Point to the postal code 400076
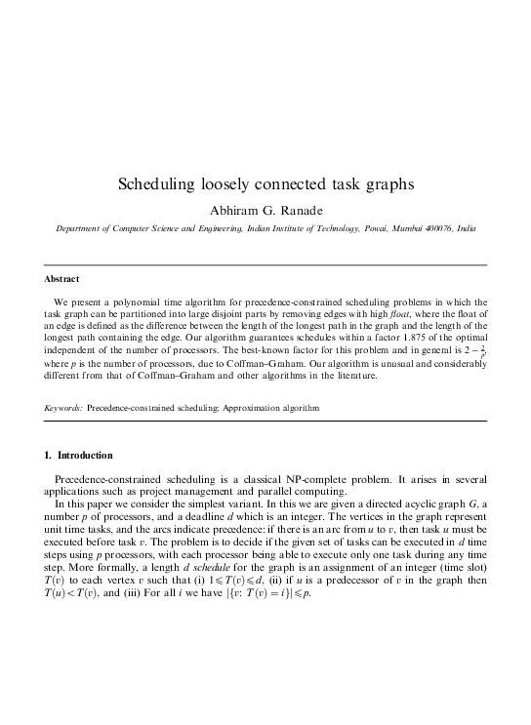(430, 226)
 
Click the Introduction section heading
(85, 456)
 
